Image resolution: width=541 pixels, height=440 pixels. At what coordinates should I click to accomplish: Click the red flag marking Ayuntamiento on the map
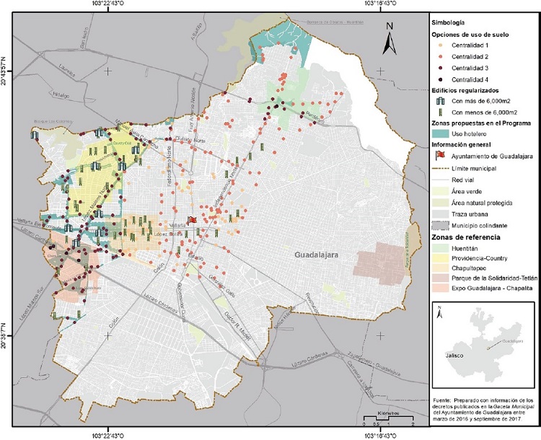click(x=192, y=221)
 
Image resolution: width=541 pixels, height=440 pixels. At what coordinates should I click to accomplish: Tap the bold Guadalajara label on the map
click(x=321, y=255)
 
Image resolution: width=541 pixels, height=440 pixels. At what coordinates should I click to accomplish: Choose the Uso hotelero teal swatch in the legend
click(x=441, y=134)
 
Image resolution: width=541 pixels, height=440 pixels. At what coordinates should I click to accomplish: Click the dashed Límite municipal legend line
click(x=441, y=167)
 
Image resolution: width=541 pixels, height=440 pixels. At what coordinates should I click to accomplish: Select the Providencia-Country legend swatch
click(x=441, y=258)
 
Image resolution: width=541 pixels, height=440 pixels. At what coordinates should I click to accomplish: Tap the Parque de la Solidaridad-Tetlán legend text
click(x=493, y=278)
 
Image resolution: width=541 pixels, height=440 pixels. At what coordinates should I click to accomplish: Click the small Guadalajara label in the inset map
click(x=513, y=340)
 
